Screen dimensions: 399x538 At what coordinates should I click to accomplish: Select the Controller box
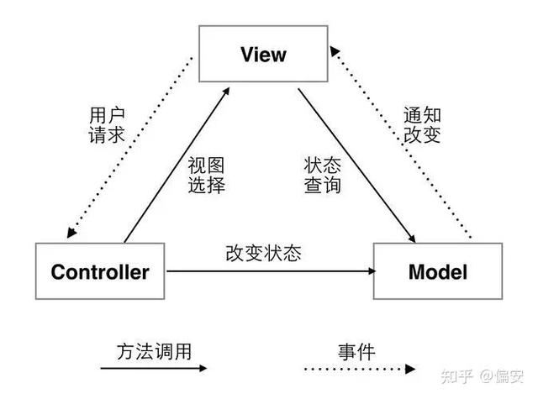tap(100, 271)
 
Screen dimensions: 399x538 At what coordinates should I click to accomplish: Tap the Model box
tap(436, 271)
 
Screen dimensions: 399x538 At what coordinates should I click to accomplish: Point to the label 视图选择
tap(206, 175)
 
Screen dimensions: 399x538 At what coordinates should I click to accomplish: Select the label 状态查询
tap(322, 175)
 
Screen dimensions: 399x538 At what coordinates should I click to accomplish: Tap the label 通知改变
tap(422, 124)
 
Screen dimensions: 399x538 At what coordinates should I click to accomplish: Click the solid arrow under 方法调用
tap(151, 367)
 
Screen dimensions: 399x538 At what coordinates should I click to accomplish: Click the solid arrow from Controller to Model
tap(269, 271)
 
